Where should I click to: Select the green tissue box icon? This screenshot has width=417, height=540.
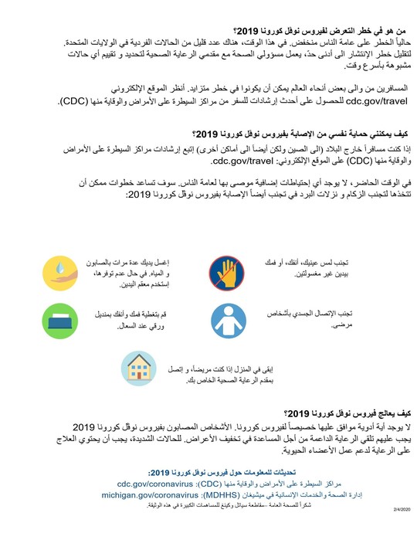tap(62, 320)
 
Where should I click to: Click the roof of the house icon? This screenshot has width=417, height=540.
tap(139, 360)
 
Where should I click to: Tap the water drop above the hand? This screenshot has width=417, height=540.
tap(62, 263)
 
